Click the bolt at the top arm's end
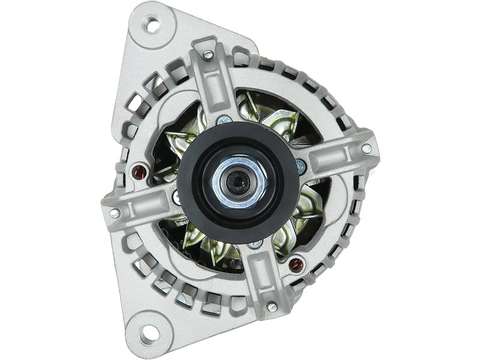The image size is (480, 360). click(208, 55)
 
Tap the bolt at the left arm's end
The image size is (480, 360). click(114, 212)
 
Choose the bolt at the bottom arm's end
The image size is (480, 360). click(272, 307)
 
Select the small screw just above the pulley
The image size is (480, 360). click(224, 118)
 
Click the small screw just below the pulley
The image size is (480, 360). click(256, 244)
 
